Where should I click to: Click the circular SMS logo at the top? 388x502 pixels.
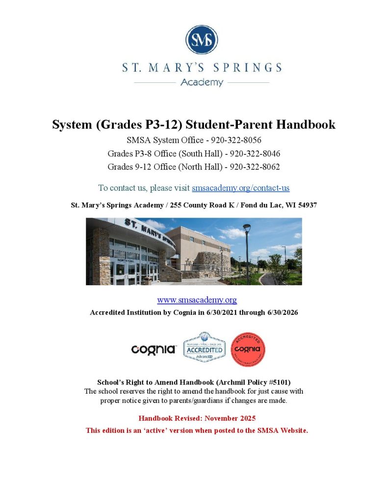[202, 40]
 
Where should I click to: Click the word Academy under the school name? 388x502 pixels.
[202, 82]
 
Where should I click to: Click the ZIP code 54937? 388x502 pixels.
[307, 205]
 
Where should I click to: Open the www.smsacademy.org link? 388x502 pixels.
[197, 300]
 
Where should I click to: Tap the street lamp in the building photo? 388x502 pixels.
[247, 250]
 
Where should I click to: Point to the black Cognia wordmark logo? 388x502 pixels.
[154, 350]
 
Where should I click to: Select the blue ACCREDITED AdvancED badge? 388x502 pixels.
[204, 348]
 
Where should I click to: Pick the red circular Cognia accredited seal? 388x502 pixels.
[248, 350]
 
